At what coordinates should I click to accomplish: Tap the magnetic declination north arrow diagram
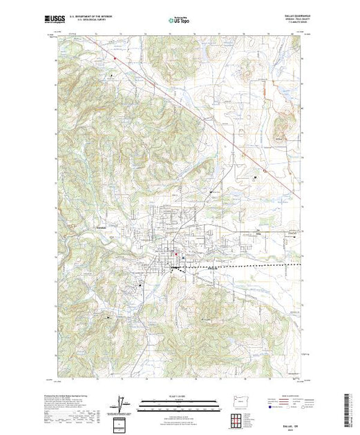click(x=122, y=402)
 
